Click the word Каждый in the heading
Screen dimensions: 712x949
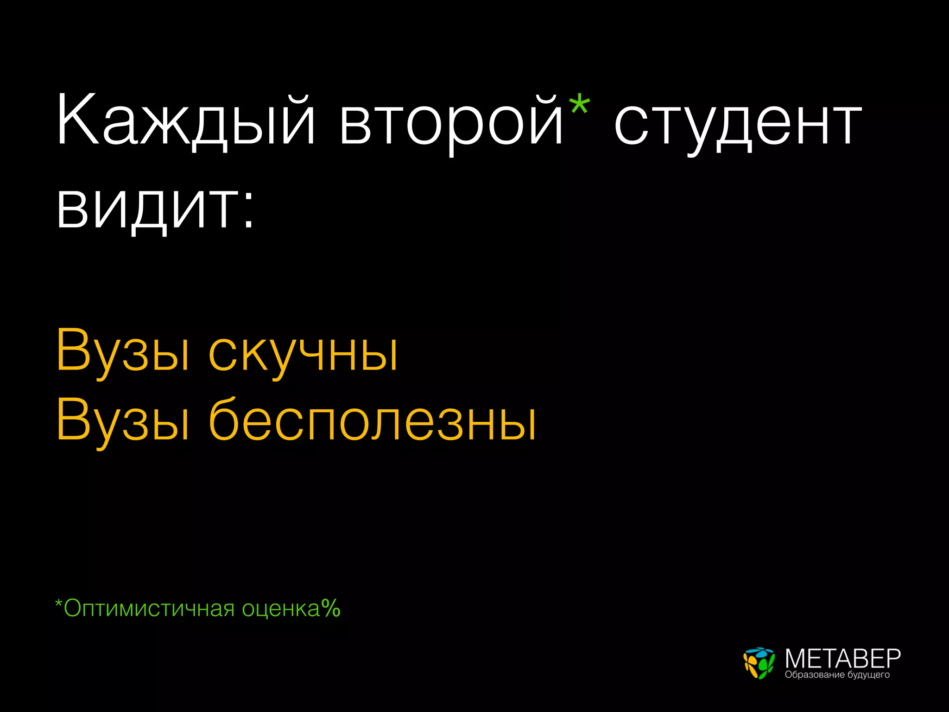click(185, 121)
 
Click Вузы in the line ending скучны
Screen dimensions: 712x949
click(123, 352)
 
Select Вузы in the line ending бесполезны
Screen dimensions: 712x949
click(123, 422)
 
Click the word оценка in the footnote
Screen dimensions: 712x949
click(281, 609)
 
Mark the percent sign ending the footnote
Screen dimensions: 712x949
click(331, 608)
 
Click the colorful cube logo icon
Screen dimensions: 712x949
click(759, 663)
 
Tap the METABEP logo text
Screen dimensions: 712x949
click(842, 658)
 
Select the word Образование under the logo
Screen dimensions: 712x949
click(815, 674)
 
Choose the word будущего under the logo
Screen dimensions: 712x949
click(868, 675)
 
